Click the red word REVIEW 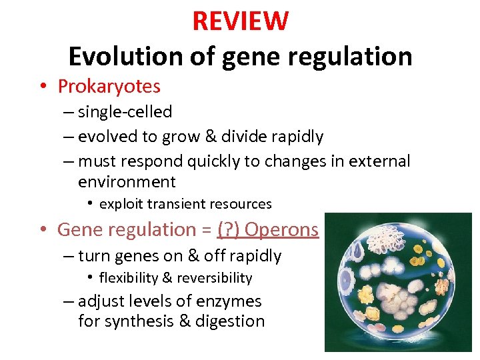(x=240, y=21)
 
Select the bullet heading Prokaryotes (x=109, y=86)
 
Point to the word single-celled (x=125, y=112)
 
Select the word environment (x=127, y=181)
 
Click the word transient (x=174, y=204)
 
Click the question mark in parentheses (x=230, y=229)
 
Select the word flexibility (x=128, y=278)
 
